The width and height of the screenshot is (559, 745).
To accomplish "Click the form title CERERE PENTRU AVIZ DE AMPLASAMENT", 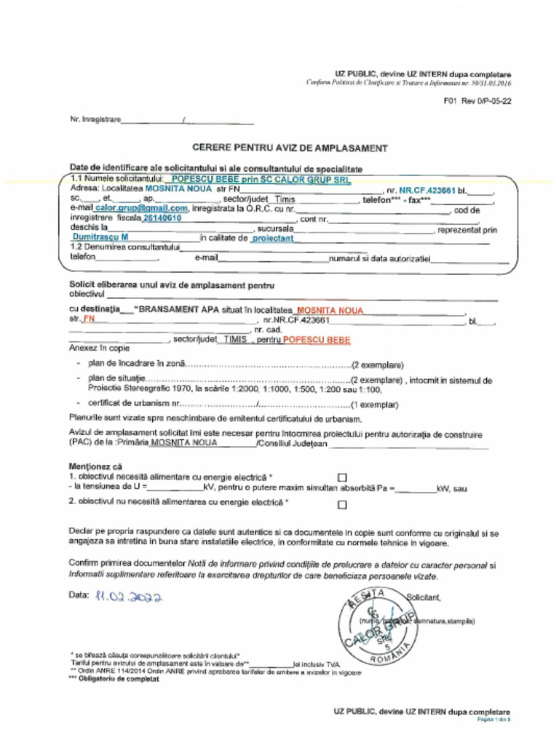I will tap(290, 148).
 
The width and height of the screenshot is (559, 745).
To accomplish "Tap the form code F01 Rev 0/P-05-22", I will tap(477, 101).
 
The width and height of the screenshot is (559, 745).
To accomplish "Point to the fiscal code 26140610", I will tap(162, 218).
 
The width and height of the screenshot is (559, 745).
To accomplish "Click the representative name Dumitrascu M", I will tap(100, 237).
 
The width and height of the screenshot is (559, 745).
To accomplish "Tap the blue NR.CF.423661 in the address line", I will tap(427, 189).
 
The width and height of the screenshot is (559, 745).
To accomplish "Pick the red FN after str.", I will tap(89, 319).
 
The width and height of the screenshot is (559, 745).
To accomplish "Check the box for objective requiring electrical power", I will tap(342, 477).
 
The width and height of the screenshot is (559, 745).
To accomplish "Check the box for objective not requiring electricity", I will tap(342, 503).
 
